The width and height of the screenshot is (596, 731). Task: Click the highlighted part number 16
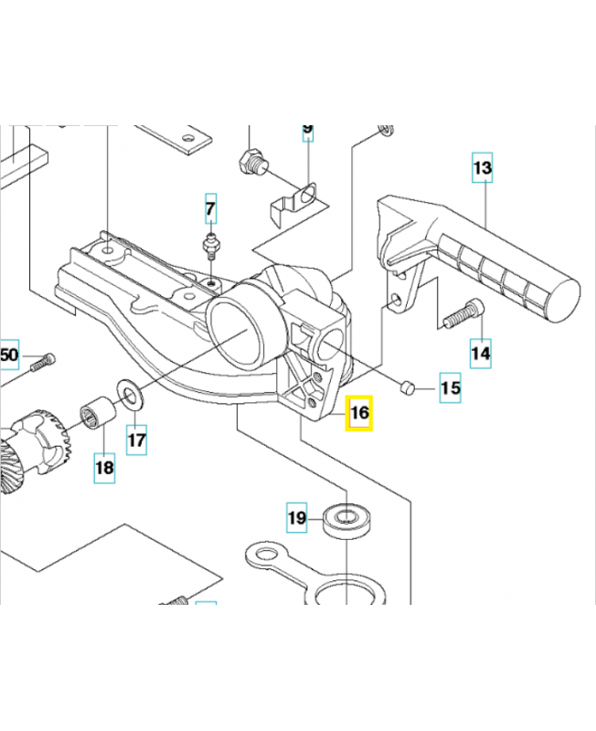[x=359, y=413]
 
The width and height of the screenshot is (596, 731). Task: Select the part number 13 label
[x=482, y=168]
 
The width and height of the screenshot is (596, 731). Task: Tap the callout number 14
[x=481, y=351]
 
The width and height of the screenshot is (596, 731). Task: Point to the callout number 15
[x=450, y=388]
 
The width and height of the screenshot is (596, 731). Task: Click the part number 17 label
[x=136, y=440]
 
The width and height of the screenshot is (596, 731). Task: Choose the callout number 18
[x=104, y=468]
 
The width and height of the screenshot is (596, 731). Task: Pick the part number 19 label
[x=296, y=518]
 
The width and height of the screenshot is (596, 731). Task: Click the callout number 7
[x=210, y=209]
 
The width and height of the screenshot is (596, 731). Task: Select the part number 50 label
[x=9, y=355]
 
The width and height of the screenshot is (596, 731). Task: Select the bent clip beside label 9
[x=297, y=199]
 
